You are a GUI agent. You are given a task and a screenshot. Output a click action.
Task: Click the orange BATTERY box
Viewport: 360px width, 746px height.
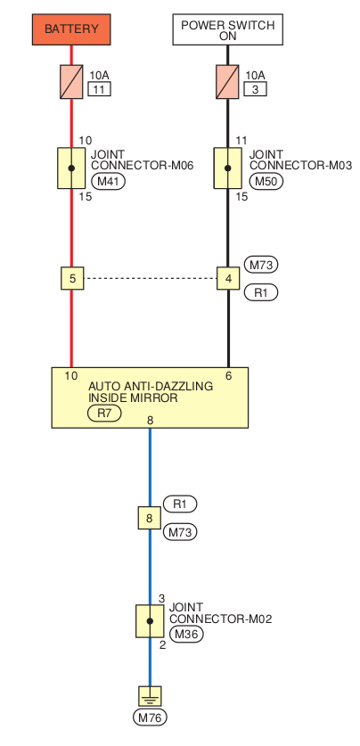click(71, 29)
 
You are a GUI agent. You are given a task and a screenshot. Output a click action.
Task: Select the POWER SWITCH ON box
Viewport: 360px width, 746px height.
click(228, 29)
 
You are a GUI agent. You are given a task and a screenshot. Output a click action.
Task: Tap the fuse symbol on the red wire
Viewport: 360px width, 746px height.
click(71, 82)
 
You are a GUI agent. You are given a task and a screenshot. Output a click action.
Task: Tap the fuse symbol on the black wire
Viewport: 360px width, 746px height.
click(227, 82)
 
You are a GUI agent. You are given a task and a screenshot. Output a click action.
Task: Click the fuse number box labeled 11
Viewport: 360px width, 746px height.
click(100, 89)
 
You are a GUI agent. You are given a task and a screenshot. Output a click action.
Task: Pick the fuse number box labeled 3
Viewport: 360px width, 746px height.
click(256, 89)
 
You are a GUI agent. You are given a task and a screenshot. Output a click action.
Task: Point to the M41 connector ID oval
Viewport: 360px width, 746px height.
click(108, 181)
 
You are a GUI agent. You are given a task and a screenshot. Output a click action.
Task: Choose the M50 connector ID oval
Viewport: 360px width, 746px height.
click(266, 181)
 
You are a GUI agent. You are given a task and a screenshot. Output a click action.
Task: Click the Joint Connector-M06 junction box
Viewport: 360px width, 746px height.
click(71, 168)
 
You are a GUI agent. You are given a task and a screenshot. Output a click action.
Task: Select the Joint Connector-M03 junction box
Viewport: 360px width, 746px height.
click(227, 168)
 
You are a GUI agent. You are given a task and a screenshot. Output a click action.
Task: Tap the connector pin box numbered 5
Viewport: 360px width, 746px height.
click(72, 278)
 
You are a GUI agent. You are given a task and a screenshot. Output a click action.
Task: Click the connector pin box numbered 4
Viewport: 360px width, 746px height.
click(228, 278)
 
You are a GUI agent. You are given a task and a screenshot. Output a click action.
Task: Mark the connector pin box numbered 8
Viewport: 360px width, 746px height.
click(150, 518)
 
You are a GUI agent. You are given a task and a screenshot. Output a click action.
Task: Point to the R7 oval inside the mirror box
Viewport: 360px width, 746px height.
click(104, 414)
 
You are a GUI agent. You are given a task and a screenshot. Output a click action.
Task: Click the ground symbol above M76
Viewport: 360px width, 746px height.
click(150, 696)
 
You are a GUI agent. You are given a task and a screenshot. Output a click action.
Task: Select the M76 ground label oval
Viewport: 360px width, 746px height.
click(151, 718)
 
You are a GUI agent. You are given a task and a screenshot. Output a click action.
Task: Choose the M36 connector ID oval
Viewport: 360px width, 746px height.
click(186, 635)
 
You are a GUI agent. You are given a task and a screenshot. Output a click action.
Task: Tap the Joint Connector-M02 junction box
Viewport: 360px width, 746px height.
click(150, 621)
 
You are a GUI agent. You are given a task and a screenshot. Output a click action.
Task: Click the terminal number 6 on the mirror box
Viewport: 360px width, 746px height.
click(229, 376)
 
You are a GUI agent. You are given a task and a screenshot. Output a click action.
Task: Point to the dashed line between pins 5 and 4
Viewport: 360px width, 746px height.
click(151, 278)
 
